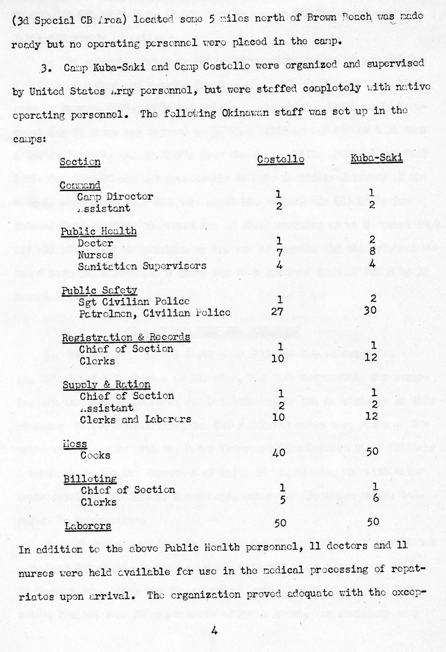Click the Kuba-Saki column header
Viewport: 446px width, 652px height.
point(377,159)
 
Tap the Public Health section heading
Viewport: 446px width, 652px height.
point(99,231)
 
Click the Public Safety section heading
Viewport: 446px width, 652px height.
point(99,290)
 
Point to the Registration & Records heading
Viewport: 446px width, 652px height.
point(125,337)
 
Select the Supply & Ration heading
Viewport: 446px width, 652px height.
point(106,385)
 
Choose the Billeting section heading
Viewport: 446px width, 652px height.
point(90,478)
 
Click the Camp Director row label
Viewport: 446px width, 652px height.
point(115,197)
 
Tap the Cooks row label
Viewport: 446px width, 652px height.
point(95,455)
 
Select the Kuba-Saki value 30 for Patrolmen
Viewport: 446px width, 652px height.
point(373,312)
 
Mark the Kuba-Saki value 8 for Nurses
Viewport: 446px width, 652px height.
point(373,252)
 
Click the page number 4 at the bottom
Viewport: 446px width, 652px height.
point(214,631)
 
